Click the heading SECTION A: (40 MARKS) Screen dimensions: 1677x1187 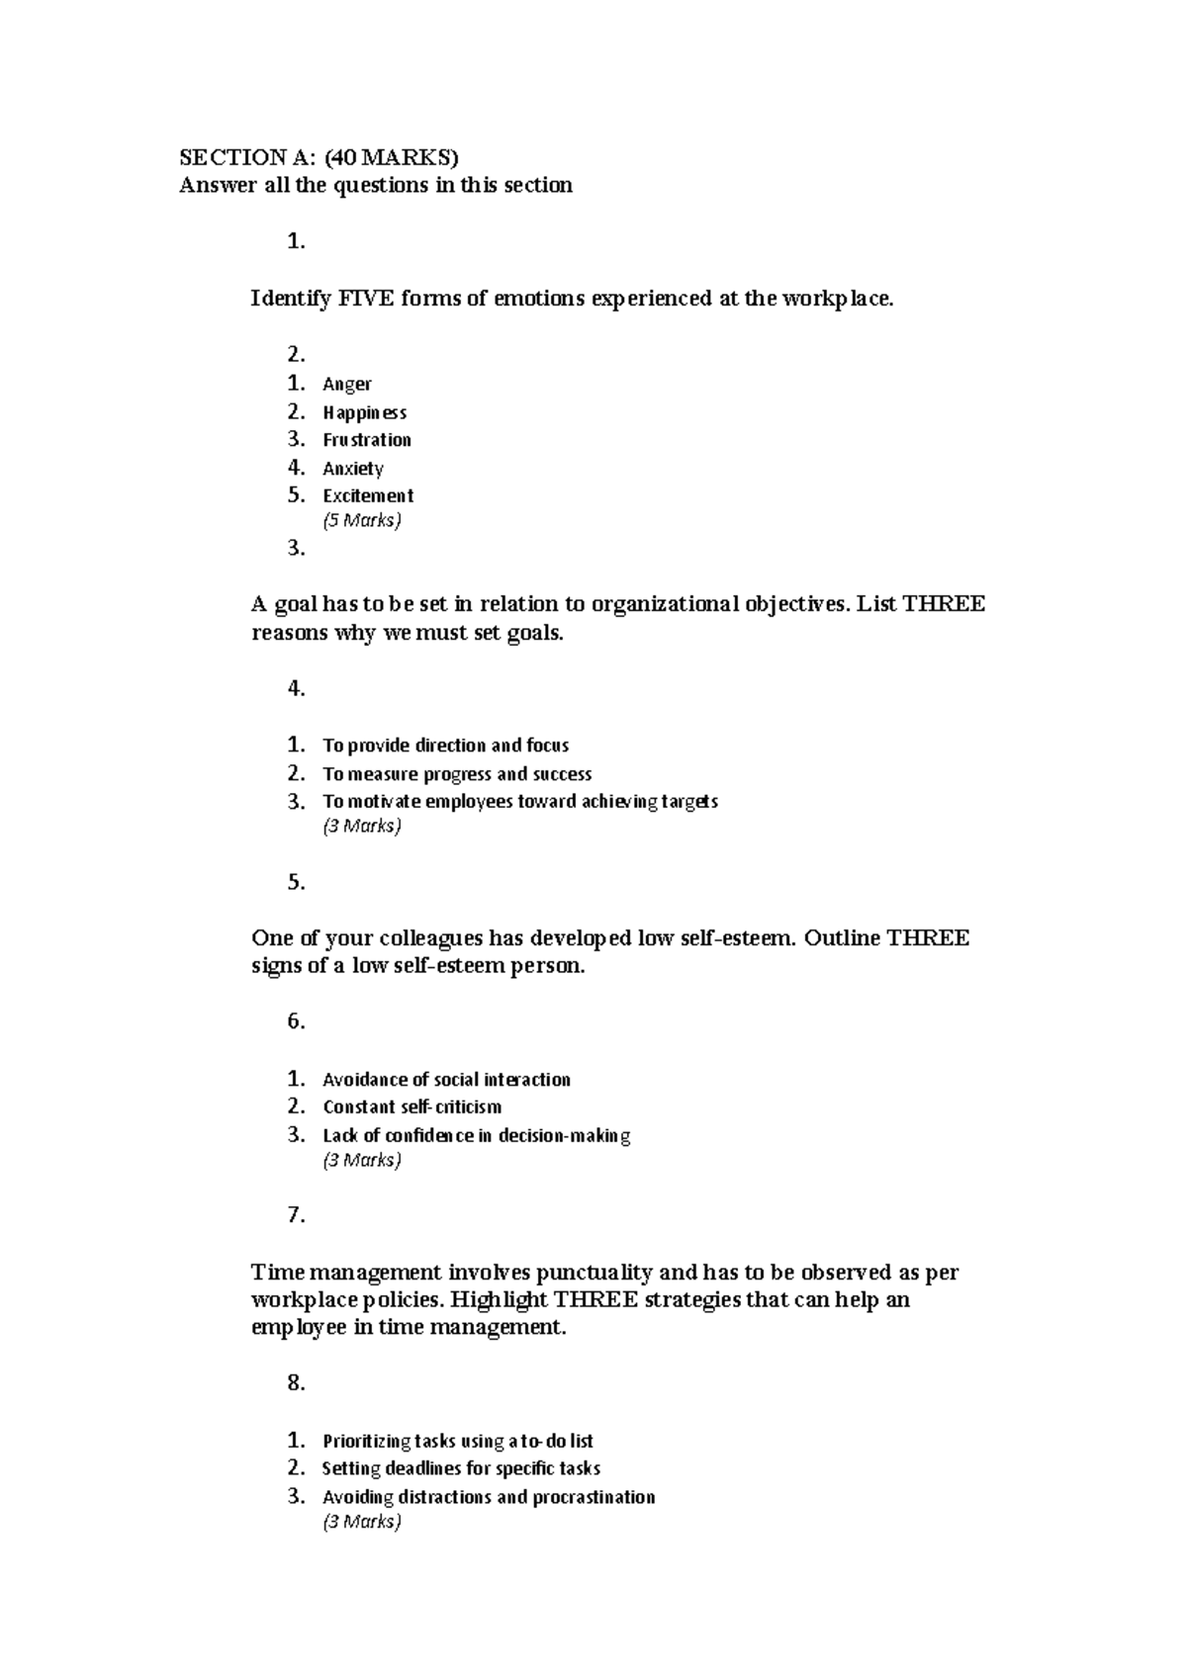tap(319, 157)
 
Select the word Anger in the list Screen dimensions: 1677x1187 tap(347, 384)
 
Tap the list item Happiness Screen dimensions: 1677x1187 tap(364, 412)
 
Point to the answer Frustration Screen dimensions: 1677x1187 tap(367, 440)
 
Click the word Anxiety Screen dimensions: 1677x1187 tap(353, 469)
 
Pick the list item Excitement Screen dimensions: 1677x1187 tap(368, 495)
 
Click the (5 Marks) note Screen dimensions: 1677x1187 tap(362, 520)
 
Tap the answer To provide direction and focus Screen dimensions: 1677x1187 tap(445, 746)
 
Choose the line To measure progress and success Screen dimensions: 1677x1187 tap(457, 774)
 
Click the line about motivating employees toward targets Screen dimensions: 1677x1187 tap(520, 801)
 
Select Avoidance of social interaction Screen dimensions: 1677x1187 tap(446, 1080)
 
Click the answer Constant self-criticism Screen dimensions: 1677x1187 tap(411, 1106)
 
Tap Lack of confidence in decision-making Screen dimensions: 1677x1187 tap(476, 1135)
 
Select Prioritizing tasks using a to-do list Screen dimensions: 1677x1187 tap(457, 1442)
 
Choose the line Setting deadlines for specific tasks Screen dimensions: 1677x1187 tap(461, 1468)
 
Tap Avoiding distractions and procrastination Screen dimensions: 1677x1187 tap(489, 1497)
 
